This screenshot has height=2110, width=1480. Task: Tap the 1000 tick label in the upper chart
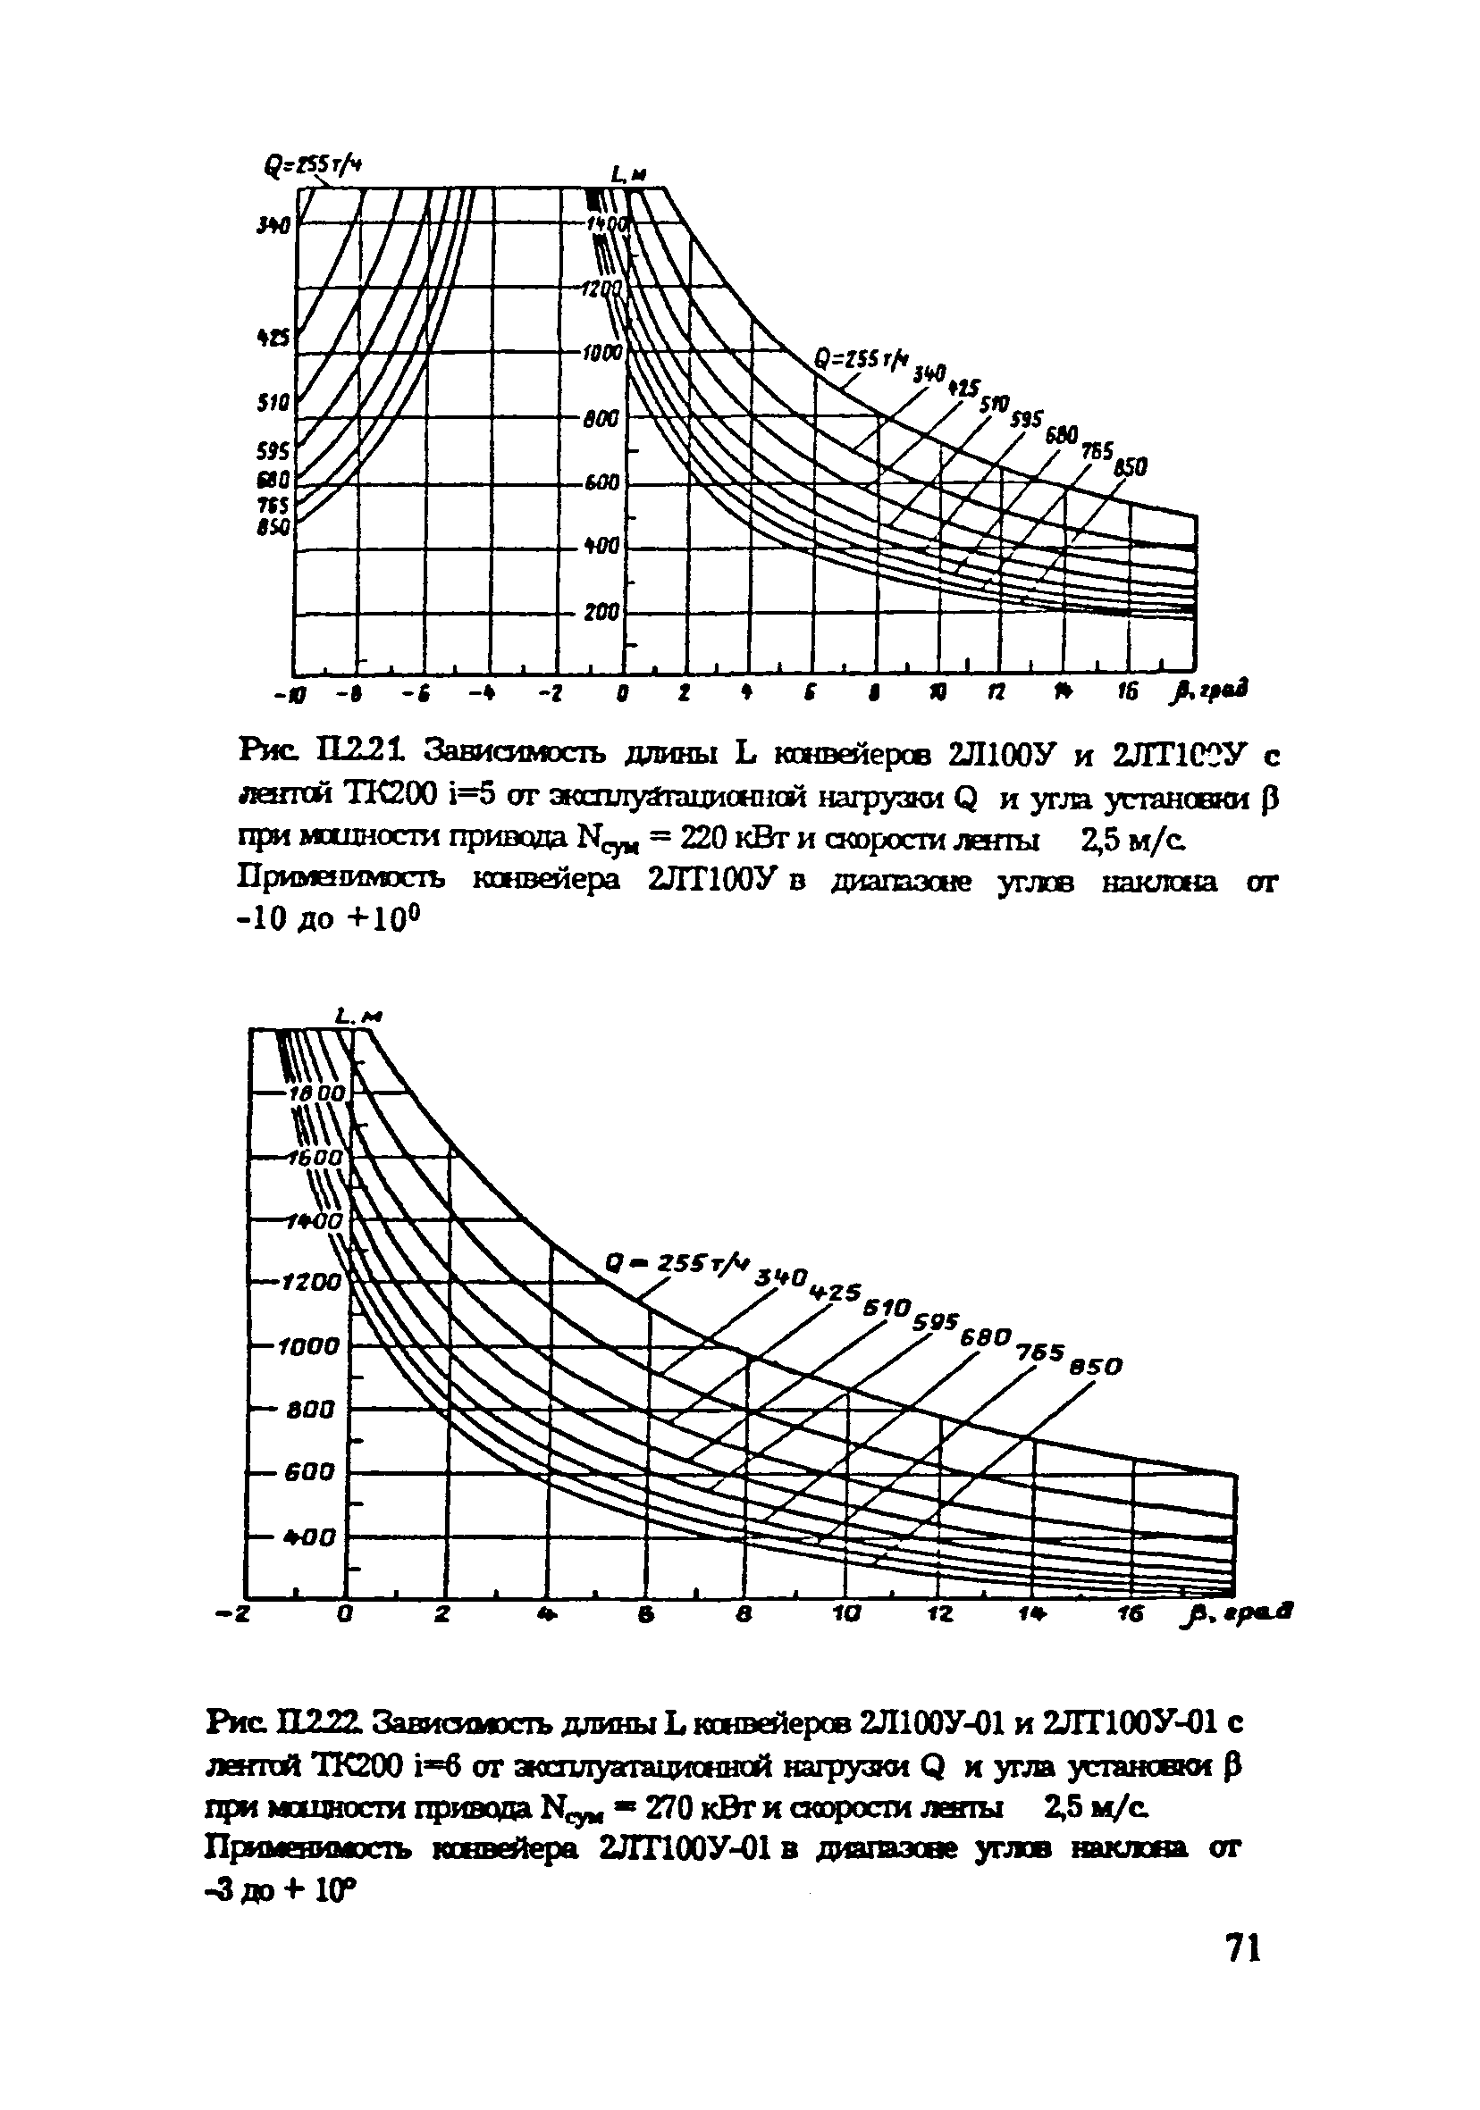click(x=604, y=353)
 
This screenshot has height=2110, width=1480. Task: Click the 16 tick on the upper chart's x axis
click(x=1129, y=691)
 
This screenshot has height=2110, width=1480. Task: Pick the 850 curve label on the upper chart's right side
click(x=1130, y=467)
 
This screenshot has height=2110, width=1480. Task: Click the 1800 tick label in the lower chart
click(x=316, y=1094)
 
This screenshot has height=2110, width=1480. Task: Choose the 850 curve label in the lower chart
click(x=1098, y=1366)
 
